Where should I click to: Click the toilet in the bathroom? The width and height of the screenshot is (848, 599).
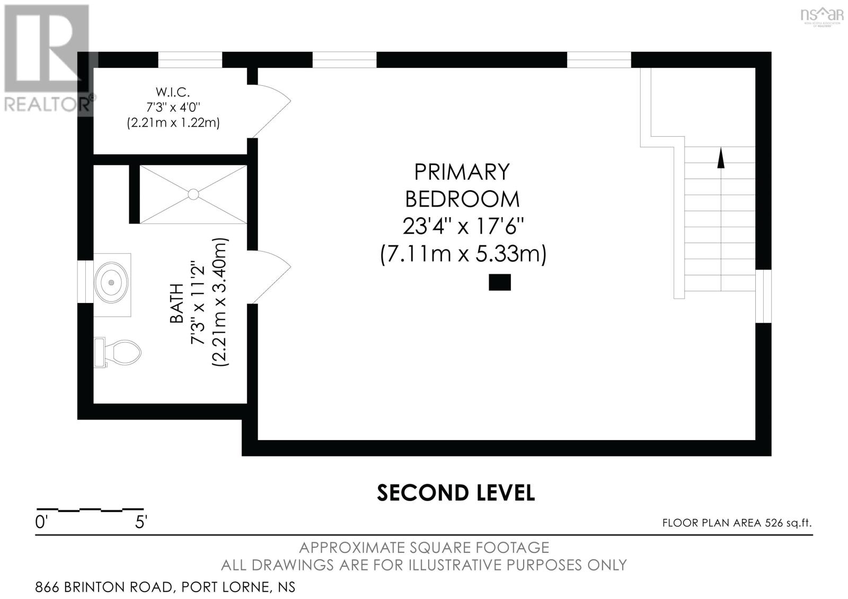(121, 352)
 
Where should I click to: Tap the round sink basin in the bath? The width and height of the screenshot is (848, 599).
(111, 282)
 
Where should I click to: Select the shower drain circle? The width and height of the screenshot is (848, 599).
(193, 194)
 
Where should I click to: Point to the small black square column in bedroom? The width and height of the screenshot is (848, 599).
(499, 282)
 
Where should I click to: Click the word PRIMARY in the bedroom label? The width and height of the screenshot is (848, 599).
(462, 172)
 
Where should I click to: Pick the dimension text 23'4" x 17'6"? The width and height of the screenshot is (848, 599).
(463, 227)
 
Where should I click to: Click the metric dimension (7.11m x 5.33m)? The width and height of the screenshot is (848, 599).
(463, 254)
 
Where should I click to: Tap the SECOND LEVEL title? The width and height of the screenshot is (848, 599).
(456, 493)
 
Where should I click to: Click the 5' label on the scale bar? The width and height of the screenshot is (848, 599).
(140, 523)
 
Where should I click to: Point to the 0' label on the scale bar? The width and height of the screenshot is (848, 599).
(41, 523)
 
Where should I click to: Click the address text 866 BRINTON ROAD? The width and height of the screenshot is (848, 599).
(103, 587)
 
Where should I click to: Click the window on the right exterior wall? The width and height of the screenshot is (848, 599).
(763, 296)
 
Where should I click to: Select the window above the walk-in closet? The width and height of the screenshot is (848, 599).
(190, 60)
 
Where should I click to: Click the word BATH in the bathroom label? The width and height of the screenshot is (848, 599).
(176, 303)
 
